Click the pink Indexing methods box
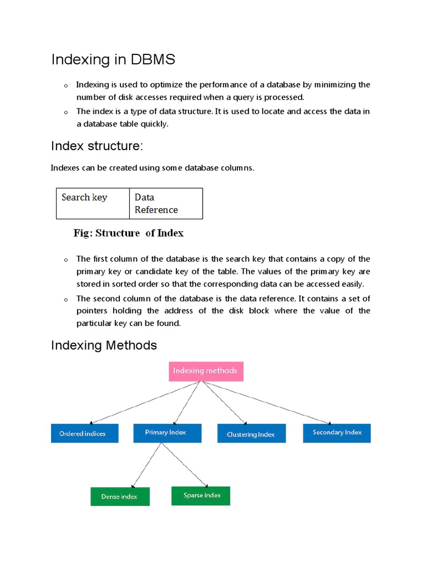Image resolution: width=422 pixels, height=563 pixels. point(206,371)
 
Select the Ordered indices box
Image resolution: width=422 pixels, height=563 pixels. point(85,433)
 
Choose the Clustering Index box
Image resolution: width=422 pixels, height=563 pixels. point(251,434)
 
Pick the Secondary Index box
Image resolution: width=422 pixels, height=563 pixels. point(337,433)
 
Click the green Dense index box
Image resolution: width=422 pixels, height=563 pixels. point(120,496)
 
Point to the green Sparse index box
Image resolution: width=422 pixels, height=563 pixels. point(201,495)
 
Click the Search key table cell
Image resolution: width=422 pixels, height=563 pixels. point(93,203)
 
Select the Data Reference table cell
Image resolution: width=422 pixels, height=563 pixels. point(166,203)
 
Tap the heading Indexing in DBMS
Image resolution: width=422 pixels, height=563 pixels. point(113,59)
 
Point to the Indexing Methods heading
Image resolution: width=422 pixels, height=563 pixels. point(104,345)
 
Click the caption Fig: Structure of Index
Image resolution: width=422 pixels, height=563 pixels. point(129,233)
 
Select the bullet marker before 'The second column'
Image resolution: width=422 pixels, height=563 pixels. point(65,300)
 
